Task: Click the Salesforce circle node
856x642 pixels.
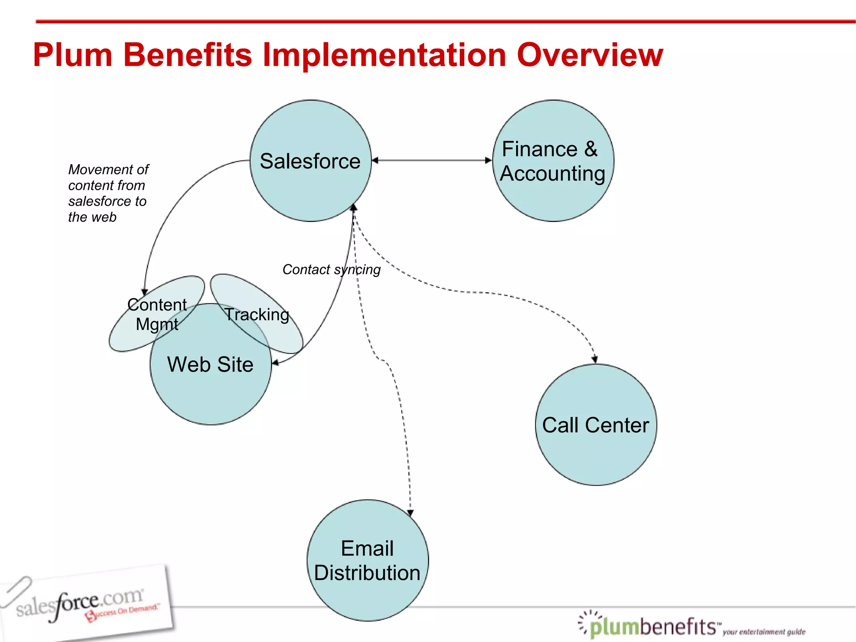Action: [310, 161]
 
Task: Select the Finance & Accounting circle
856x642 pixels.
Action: [553, 161]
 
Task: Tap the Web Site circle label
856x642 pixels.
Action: [210, 364]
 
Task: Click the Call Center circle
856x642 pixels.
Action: [596, 425]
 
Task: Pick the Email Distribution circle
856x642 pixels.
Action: [367, 560]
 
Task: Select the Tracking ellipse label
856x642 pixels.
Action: [257, 315]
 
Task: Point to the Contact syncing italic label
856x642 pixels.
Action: [331, 270]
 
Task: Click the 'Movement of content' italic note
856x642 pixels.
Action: [108, 193]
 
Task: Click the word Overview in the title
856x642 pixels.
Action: [590, 55]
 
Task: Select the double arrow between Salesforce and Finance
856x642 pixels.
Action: [431, 160]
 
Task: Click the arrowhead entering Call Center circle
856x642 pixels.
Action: [595, 359]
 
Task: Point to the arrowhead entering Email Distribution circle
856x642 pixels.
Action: [410, 513]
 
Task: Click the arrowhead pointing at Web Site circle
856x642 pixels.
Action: [275, 363]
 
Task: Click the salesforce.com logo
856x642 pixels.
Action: [84, 602]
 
